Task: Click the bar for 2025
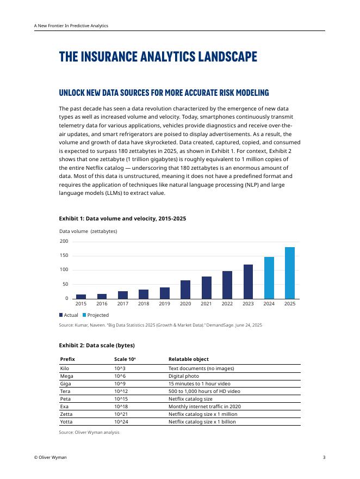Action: coord(290,273)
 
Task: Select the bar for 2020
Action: coord(185,290)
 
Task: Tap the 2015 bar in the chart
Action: coord(81,296)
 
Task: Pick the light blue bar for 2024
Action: coord(269,278)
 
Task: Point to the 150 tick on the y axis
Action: coord(64,256)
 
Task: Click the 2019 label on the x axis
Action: coord(165,304)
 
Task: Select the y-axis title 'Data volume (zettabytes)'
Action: coord(88,231)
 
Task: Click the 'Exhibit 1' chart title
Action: coord(122,218)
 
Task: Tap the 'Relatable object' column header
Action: coord(188,359)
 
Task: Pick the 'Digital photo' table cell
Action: coord(183,376)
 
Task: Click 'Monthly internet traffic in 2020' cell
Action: coord(204,407)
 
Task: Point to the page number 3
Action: coord(324,458)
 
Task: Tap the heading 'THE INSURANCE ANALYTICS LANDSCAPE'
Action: coord(158,57)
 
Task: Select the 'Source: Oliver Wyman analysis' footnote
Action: coord(89,432)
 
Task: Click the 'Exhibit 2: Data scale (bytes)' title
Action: coord(97,346)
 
